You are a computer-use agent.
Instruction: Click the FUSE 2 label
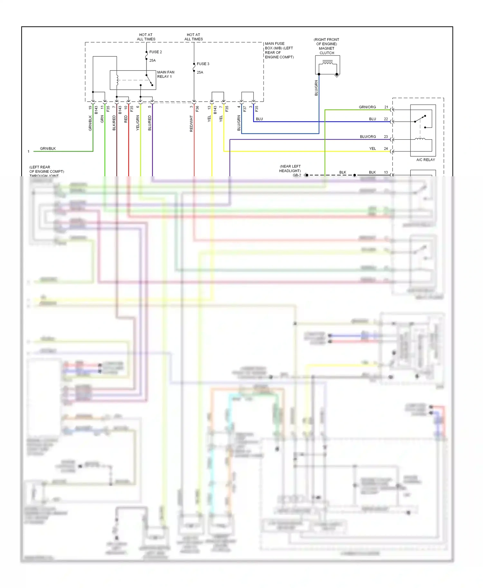click(x=156, y=52)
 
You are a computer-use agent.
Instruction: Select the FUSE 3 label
click(x=203, y=64)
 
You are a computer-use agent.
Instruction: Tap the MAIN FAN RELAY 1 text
click(x=166, y=74)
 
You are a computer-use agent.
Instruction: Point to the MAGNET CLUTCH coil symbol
click(x=327, y=63)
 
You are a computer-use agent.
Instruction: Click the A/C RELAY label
click(x=425, y=160)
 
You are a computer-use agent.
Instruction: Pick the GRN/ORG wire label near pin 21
click(x=367, y=107)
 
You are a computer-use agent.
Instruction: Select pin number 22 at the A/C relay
click(x=386, y=119)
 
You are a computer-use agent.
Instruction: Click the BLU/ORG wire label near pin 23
click(x=368, y=137)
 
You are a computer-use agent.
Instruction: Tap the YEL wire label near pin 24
click(x=372, y=149)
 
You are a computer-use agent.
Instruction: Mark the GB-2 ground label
click(x=297, y=175)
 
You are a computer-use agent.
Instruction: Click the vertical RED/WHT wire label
click(x=191, y=124)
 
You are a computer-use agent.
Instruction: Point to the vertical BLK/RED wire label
click(x=114, y=123)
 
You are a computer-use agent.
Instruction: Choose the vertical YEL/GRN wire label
click(x=138, y=123)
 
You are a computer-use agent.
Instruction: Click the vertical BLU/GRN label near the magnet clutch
click(x=316, y=88)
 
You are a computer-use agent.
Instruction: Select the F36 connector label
click(x=197, y=109)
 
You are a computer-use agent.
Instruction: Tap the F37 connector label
click(x=245, y=109)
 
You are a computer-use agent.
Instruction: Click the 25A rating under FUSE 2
click(x=152, y=60)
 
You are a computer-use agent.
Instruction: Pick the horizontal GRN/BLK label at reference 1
click(x=48, y=149)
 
